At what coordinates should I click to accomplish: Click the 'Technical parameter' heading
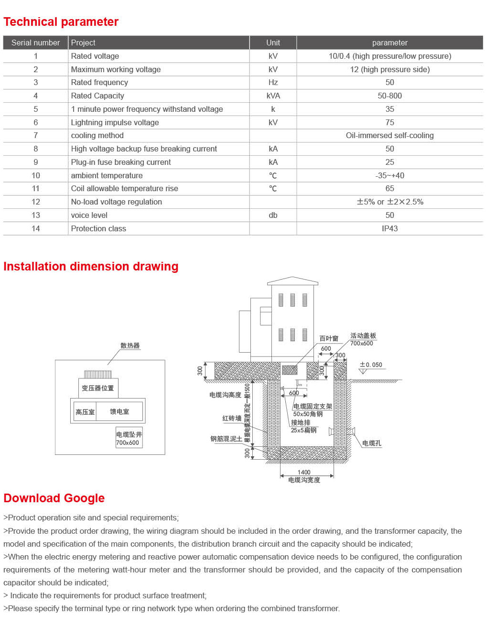(x=61, y=22)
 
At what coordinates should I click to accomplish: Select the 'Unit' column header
(x=273, y=43)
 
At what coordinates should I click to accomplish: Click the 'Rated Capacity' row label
(x=97, y=96)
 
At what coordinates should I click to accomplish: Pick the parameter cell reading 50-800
(x=389, y=96)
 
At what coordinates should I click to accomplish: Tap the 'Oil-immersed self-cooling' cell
(x=389, y=135)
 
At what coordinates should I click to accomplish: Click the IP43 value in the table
(x=389, y=228)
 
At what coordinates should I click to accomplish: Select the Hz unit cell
(x=273, y=82)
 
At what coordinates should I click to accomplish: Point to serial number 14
(x=36, y=228)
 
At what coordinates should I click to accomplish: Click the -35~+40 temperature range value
(x=389, y=175)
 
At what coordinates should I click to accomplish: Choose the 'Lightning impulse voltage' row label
(x=115, y=122)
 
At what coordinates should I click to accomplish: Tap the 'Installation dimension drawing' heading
(x=91, y=266)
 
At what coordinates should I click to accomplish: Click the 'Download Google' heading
(x=54, y=498)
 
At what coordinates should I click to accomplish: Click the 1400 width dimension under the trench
(x=304, y=472)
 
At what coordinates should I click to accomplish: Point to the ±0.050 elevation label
(x=371, y=365)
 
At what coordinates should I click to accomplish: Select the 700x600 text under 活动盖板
(x=361, y=343)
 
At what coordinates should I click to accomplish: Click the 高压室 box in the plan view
(x=85, y=412)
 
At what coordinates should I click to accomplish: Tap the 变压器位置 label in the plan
(x=98, y=388)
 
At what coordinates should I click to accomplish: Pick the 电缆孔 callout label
(x=371, y=443)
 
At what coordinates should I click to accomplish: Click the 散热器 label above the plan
(x=130, y=345)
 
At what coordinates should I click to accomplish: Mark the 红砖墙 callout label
(x=232, y=418)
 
